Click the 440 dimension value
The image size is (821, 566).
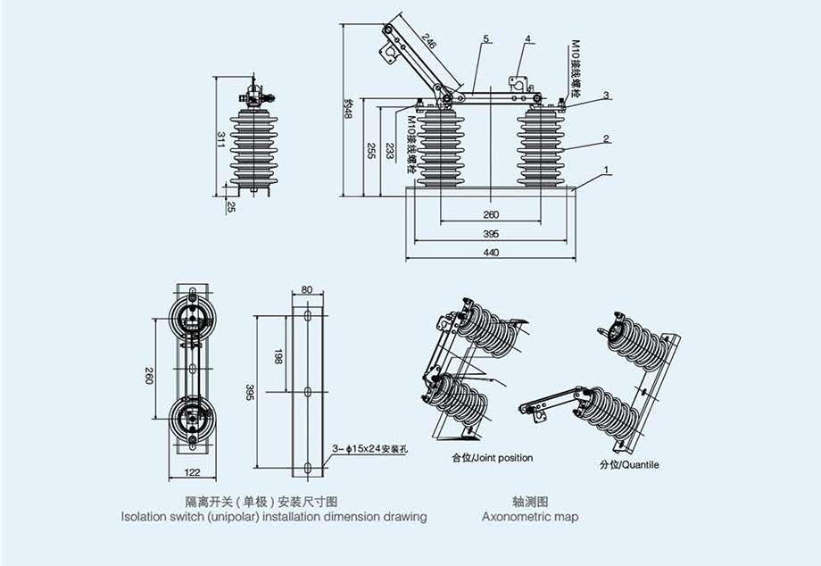coord(491,253)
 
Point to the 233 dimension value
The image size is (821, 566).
coord(390,151)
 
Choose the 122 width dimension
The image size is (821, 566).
coord(191,471)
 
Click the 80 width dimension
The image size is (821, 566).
coord(307,289)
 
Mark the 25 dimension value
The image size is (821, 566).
coord(231,207)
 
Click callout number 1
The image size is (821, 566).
coord(606,170)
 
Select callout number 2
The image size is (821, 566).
coord(606,138)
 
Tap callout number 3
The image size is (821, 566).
coord(606,95)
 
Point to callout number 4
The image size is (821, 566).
coord(528,39)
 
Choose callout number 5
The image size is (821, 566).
coord(486,39)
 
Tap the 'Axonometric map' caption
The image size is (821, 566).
coord(530,517)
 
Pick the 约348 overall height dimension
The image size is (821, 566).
coord(349,108)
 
